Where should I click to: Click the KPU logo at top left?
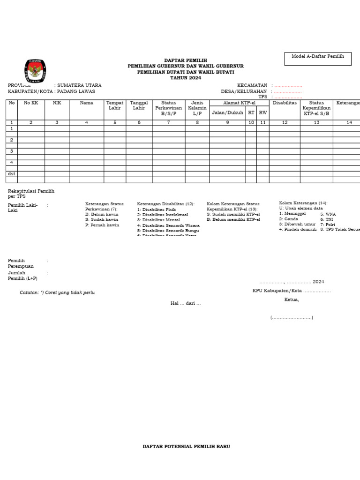[35, 72]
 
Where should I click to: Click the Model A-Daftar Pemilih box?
[317, 59]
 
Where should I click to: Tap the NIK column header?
[57, 103]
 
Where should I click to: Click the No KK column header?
[31, 103]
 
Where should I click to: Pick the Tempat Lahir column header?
[115, 105]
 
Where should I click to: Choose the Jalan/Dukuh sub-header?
[227, 112]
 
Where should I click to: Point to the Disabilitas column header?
[285, 103]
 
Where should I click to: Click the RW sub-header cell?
[263, 112]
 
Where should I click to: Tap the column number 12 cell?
[285, 122]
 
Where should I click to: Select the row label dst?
[12, 173]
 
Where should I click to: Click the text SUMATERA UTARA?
[79, 85]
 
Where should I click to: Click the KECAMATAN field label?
[252, 85]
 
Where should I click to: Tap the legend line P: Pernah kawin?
[102, 225]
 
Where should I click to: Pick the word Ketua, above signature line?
[291, 300]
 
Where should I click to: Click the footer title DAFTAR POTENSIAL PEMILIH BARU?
[186, 447]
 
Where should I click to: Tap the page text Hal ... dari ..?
[185, 304]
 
